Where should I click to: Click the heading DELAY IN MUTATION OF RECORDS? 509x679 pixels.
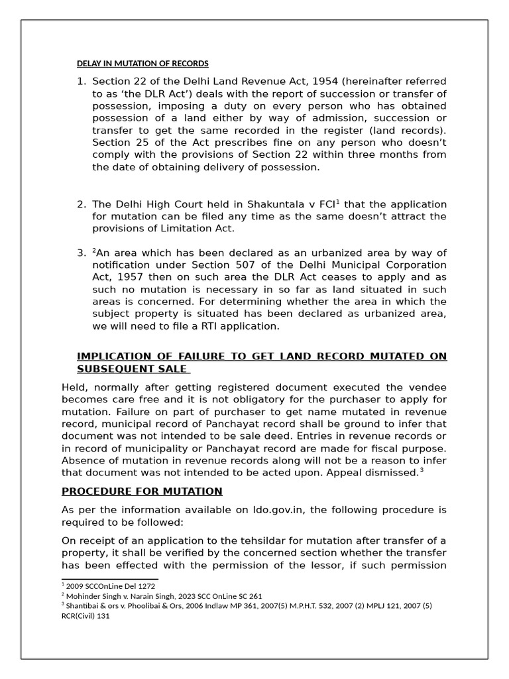point(142,64)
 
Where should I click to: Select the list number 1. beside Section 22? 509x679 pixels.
point(82,82)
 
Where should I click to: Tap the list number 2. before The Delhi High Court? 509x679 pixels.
point(82,204)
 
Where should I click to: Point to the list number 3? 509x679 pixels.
point(82,253)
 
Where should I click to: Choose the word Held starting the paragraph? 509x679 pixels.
point(76,387)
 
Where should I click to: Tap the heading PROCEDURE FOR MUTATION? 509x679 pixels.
point(142,491)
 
